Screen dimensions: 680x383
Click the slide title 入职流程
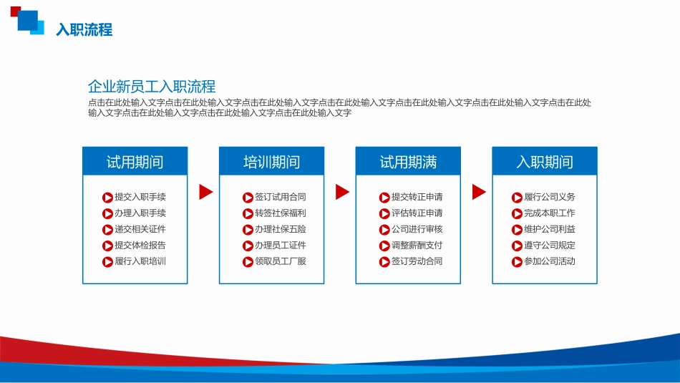(84, 29)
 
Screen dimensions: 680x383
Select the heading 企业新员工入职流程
(152, 87)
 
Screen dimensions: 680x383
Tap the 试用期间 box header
(135, 161)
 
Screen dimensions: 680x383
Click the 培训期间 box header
(271, 161)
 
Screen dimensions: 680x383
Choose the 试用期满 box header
(408, 161)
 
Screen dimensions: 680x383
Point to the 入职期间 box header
(545, 161)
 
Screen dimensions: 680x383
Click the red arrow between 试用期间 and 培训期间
(205, 192)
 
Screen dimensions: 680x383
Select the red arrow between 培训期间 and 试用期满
(342, 192)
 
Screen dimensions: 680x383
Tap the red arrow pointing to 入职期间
(479, 192)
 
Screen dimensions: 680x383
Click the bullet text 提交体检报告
(140, 245)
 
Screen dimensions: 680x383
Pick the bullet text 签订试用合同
(280, 197)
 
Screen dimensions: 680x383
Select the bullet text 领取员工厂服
(280, 261)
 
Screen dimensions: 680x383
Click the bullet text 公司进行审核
(417, 229)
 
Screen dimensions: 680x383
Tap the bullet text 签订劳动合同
(417, 261)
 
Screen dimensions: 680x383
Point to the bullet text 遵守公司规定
(550, 245)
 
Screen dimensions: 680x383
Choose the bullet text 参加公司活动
(550, 261)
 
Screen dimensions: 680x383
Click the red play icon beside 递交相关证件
(107, 230)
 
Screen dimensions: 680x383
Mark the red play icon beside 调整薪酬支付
(384, 246)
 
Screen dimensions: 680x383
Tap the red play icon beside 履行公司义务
(517, 198)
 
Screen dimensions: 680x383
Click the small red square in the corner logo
(15, 11)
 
